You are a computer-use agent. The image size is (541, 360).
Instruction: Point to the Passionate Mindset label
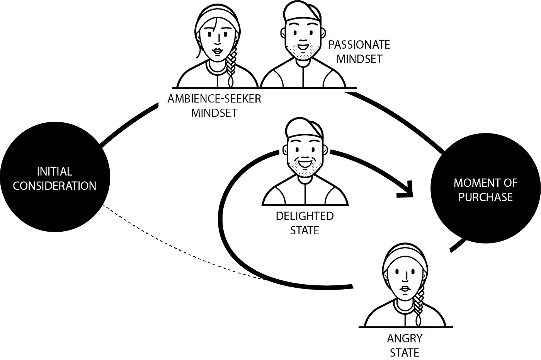point(359,52)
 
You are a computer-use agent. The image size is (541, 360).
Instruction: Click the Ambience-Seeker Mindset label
point(214,106)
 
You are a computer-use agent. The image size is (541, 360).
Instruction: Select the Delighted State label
point(305,223)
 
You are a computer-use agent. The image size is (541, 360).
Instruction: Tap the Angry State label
point(405,345)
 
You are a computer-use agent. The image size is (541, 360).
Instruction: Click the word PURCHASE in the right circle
point(485,197)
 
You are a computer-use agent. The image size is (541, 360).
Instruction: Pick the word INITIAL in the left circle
point(54,171)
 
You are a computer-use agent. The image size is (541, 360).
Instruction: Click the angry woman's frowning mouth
point(405,290)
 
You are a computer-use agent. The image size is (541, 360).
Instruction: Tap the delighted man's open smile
point(305,162)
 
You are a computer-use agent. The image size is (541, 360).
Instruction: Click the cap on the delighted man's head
point(305,128)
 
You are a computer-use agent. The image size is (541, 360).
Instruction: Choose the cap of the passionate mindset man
point(304,12)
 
